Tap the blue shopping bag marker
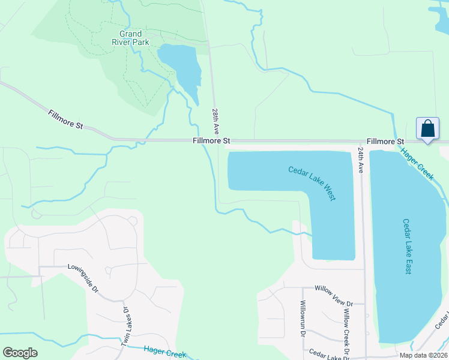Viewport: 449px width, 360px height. (427, 129)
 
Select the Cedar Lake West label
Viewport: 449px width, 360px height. (312, 183)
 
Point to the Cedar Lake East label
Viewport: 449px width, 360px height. (408, 246)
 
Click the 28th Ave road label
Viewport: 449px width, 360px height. (215, 122)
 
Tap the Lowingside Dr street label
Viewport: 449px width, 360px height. (83, 275)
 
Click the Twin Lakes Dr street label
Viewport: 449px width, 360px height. (126, 326)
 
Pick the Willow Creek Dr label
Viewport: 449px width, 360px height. (346, 319)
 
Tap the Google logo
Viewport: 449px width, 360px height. (20, 353)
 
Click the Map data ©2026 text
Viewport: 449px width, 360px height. (423, 355)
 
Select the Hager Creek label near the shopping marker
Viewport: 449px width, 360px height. (417, 164)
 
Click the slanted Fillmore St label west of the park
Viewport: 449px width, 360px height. (66, 119)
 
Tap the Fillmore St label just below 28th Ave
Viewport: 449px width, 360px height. (212, 141)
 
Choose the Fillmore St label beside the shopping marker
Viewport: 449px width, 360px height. (385, 141)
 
